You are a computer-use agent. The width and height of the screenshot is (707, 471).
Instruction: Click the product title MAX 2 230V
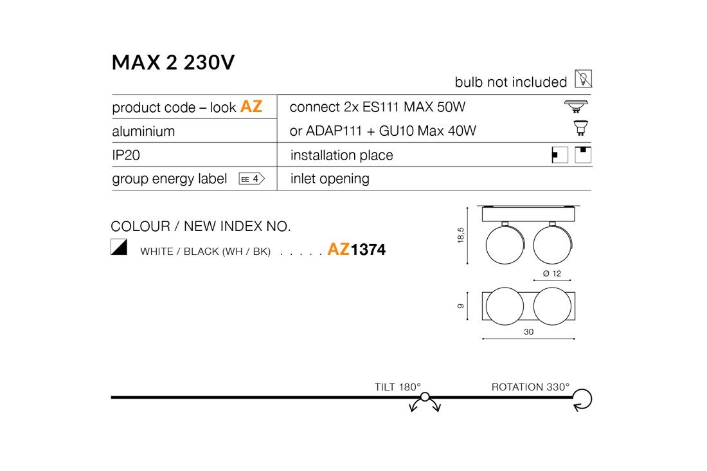tap(173, 62)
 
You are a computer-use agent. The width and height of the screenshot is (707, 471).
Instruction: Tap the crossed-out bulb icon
tap(583, 79)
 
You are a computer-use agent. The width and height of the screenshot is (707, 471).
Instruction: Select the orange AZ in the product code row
tap(251, 107)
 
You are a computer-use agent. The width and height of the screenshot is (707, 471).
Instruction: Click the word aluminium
tap(143, 131)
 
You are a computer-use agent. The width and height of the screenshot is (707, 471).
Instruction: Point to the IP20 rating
tap(126, 155)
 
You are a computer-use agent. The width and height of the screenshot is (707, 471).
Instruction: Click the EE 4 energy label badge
tap(251, 179)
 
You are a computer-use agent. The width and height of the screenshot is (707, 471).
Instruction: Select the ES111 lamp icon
tap(577, 107)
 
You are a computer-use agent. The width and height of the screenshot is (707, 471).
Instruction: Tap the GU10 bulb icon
tap(580, 128)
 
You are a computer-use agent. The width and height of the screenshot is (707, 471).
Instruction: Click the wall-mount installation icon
tap(560, 155)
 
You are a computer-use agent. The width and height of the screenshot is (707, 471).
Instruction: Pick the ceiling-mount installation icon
tap(583, 155)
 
